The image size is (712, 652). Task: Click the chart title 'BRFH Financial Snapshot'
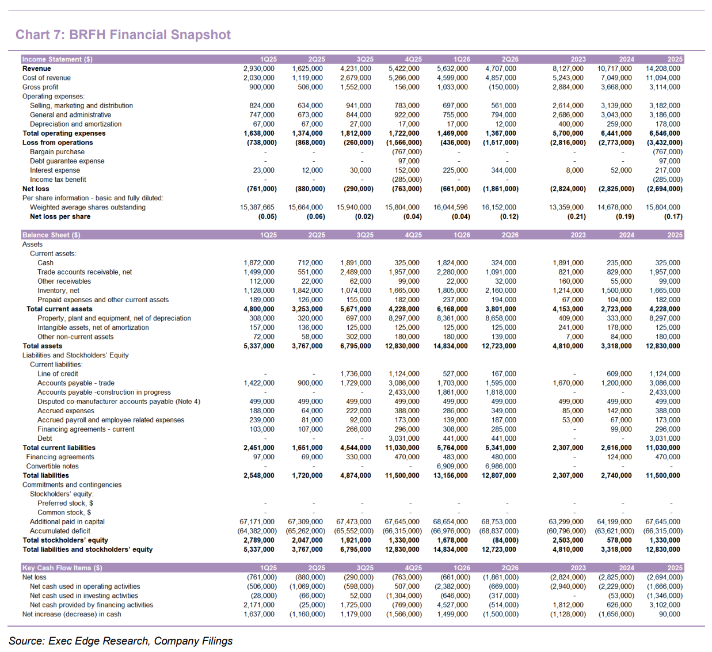150,35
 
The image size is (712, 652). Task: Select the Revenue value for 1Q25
259,68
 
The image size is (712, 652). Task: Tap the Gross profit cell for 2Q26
503,87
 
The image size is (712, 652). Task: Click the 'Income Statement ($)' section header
57,59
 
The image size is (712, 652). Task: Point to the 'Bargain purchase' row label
57,152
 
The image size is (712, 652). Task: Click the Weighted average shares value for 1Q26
451,207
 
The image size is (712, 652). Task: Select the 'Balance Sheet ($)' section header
51,235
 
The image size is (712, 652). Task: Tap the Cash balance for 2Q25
310,263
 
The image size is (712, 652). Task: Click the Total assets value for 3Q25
355,346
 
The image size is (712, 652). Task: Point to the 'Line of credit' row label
58,373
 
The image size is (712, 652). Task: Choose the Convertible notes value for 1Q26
452,466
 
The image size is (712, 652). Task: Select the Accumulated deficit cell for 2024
614,531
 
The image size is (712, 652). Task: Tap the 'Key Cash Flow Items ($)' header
62,568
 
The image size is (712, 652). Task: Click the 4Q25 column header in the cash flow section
413,568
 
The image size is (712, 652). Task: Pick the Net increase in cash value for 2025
669,614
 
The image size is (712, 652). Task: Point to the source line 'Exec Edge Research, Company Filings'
140,640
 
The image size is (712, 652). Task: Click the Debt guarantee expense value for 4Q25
409,161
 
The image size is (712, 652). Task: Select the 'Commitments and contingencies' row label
72,485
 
